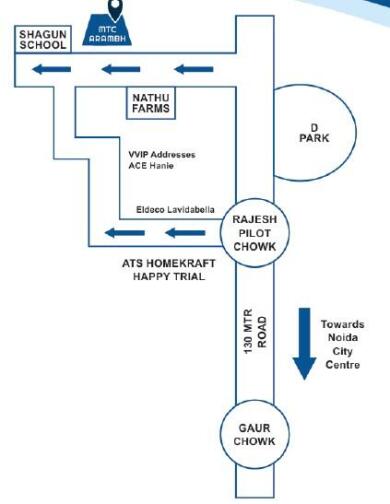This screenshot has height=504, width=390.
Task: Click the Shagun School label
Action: point(43,39)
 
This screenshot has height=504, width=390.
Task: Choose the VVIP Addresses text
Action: point(162,155)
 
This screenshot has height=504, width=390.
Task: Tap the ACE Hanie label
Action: point(150,168)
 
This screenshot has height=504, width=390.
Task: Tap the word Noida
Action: point(342,338)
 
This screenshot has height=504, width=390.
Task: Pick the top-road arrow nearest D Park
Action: point(193,69)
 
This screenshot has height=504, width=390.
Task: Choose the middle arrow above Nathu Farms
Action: point(121,69)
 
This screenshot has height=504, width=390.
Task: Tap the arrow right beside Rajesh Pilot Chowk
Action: point(183,234)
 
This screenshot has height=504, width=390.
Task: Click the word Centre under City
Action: point(342,366)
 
